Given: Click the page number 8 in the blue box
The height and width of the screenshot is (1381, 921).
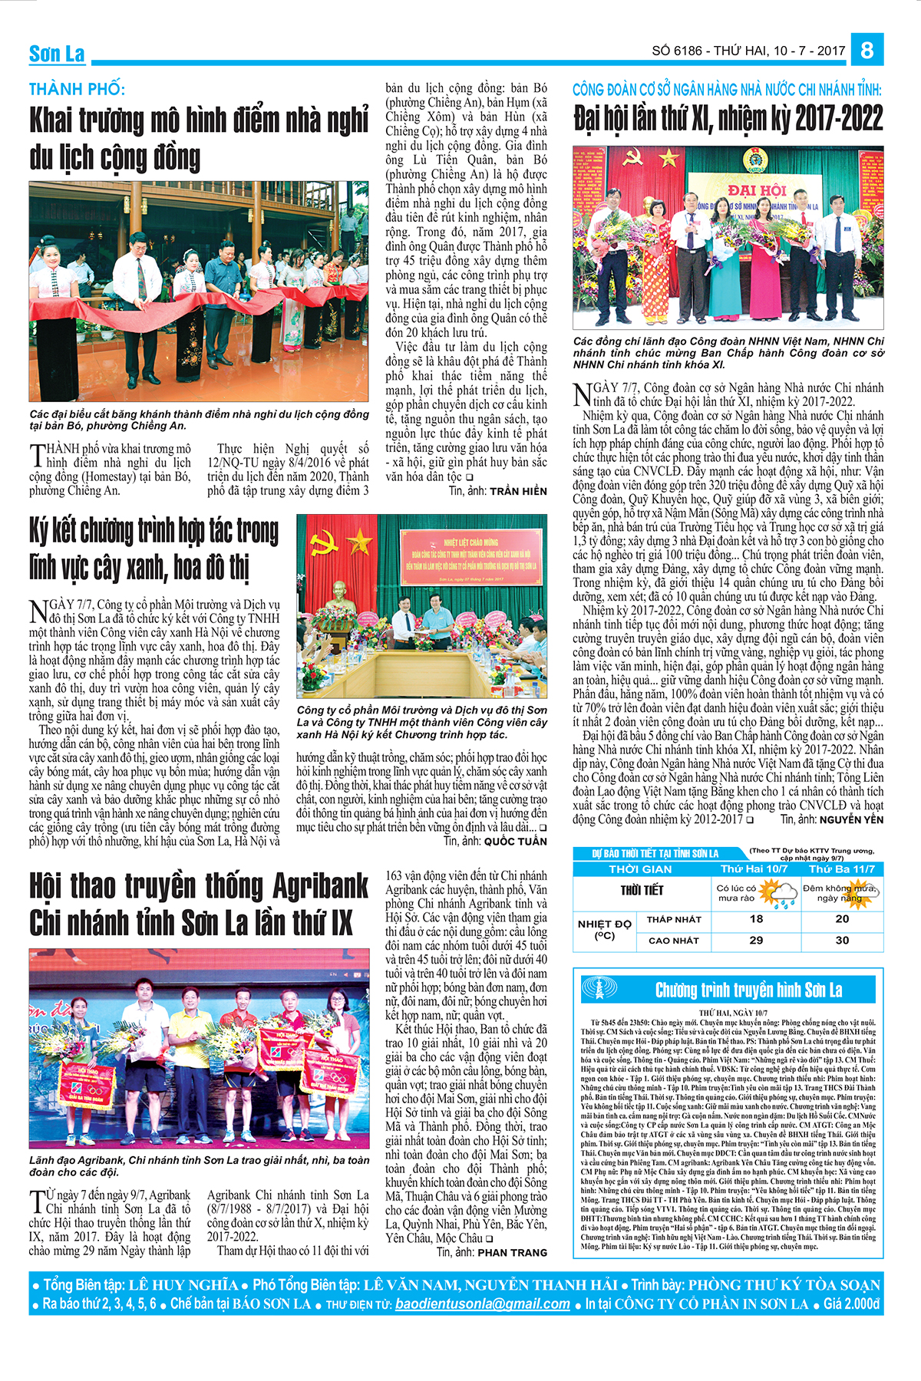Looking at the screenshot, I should pos(867,50).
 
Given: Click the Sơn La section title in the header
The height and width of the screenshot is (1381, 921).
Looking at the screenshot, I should pos(57,54).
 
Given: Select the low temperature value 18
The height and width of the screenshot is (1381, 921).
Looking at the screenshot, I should pos(757,918).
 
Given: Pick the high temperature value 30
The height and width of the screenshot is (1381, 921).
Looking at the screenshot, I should pos(842,940).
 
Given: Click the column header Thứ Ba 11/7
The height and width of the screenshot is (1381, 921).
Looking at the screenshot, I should pos(841,869).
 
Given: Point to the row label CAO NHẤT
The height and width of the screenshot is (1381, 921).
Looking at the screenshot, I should pos(674,940).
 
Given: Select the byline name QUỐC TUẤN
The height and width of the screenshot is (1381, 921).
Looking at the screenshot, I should pos(515,842).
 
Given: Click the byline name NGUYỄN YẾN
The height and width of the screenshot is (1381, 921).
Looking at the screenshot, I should pos(851,819).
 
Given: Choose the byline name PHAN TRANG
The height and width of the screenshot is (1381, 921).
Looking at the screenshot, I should pos(513,1252).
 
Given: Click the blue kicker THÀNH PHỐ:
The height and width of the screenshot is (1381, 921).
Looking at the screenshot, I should pos(77,89).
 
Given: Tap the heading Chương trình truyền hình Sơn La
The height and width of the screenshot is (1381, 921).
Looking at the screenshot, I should pos(748,990).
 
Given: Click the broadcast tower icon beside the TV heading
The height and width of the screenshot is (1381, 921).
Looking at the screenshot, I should pos(599,989).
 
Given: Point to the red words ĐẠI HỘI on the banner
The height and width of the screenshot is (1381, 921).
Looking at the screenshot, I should pos(757,190).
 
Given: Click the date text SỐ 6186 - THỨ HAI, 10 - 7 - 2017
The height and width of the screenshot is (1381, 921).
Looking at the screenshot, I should pos(748,51).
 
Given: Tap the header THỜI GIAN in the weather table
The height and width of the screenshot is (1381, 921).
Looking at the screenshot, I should pos(640,869).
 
